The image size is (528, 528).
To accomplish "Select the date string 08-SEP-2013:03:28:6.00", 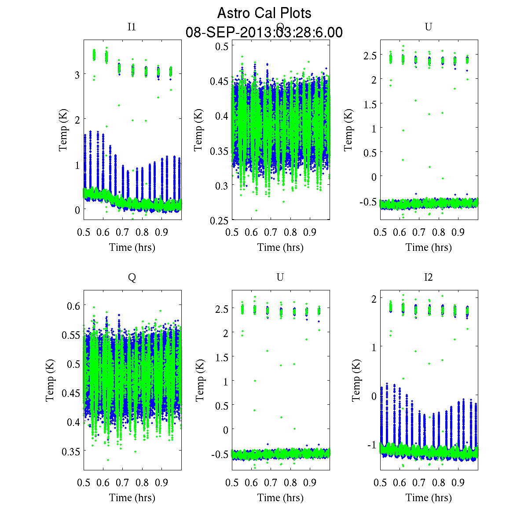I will [x=264, y=33].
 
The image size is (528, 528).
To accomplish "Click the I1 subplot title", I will [x=132, y=27].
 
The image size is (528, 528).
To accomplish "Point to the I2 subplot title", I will [x=428, y=277].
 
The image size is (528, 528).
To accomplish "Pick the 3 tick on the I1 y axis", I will [x=77, y=75].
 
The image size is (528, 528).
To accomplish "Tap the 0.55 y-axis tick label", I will [x=71, y=335].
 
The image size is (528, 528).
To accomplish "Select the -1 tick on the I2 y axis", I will [x=372, y=445].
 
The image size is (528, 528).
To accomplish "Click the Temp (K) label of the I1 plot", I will [x=64, y=131].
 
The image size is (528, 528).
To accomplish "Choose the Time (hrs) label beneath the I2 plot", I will [x=429, y=498].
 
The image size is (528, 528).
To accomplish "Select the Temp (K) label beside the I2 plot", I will [x=357, y=381].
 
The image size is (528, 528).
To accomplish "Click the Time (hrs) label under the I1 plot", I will [x=132, y=247].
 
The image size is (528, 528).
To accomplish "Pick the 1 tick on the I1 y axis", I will [x=77, y=165].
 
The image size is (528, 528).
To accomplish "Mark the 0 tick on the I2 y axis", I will [x=374, y=396].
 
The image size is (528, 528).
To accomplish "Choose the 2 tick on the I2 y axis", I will [x=374, y=299].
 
